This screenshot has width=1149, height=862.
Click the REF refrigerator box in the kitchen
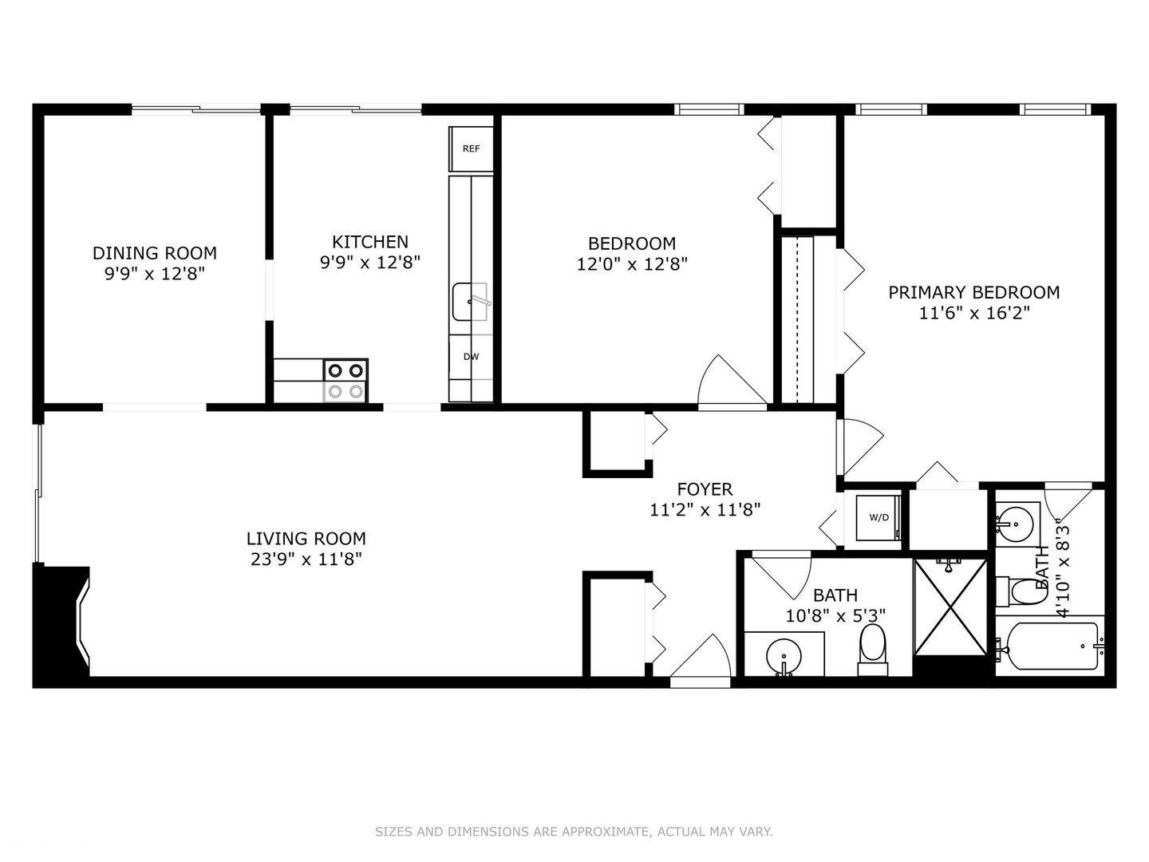click(x=471, y=148)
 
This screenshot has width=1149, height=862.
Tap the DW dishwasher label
click(x=471, y=357)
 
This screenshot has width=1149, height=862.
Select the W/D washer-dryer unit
click(x=879, y=517)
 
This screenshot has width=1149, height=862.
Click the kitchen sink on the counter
click(x=470, y=302)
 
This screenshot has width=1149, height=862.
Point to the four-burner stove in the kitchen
click(x=345, y=381)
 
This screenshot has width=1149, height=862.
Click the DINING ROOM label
click(x=155, y=253)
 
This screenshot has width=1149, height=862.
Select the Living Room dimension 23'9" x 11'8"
click(x=306, y=560)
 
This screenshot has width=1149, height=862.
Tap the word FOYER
click(x=705, y=489)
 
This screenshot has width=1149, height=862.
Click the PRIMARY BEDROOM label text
click(x=974, y=292)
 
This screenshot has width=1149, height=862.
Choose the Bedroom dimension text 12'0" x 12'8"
click(x=632, y=264)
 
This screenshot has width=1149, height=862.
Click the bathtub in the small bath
click(x=1050, y=645)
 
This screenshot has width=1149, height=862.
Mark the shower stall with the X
click(x=950, y=607)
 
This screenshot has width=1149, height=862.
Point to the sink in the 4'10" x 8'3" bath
click(x=1014, y=524)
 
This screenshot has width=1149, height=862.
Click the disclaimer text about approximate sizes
click(x=574, y=832)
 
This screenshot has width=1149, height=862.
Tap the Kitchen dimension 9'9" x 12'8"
click(x=370, y=263)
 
